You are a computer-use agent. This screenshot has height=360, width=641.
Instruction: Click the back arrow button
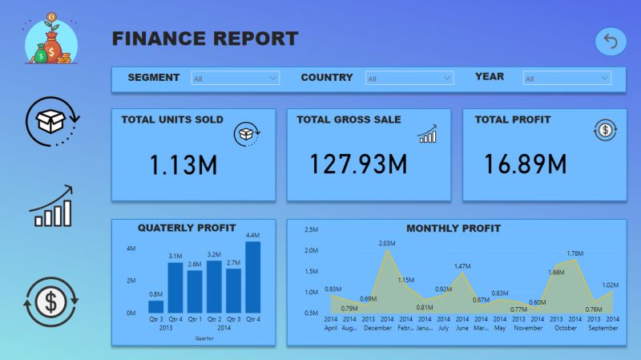[611, 42]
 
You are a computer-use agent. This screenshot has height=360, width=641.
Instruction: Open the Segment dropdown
[236, 79]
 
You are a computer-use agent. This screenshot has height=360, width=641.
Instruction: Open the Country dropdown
[409, 79]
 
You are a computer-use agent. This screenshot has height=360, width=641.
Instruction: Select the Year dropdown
[567, 79]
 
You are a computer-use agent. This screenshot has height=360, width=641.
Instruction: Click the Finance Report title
[204, 38]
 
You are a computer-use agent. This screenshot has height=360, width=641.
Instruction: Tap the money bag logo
[50, 39]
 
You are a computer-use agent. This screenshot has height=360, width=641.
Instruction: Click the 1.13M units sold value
[183, 165]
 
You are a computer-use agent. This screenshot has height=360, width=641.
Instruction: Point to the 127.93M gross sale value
[358, 164]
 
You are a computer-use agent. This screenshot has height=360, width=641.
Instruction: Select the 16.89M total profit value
[525, 164]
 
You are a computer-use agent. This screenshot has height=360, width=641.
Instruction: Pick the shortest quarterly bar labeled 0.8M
[156, 306]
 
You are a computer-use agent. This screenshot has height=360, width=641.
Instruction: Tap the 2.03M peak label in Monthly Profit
[386, 243]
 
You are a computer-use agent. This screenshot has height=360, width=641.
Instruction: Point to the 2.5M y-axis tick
[312, 229]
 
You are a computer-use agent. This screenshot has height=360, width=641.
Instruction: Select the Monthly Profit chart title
[453, 229]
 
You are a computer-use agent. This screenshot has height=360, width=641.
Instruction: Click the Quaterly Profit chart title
[187, 228]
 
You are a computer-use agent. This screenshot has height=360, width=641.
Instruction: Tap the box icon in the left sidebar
[50, 121]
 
